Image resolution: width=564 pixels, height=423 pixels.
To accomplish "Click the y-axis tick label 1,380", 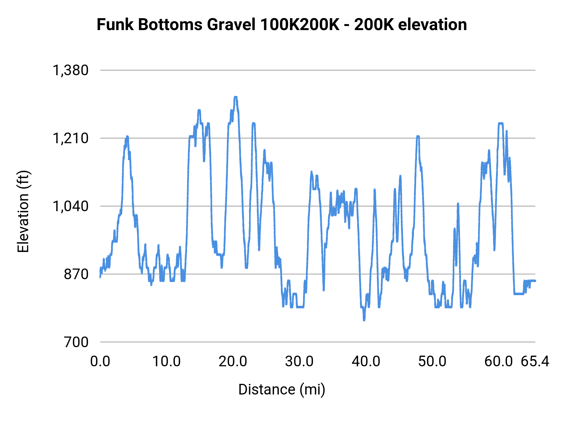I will point(71,70).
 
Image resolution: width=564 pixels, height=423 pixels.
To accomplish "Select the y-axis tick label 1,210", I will point(71,138).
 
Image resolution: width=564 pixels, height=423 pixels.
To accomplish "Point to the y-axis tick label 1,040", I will point(71,206).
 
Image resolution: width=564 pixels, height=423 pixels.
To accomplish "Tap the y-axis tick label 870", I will point(76,274).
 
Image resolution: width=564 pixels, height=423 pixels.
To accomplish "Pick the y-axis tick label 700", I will point(76,342).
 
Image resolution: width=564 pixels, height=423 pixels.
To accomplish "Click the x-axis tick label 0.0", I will point(100,362).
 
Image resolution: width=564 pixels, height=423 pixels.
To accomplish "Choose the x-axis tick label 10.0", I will point(166,362).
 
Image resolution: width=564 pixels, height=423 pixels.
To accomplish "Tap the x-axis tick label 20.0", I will point(233,362).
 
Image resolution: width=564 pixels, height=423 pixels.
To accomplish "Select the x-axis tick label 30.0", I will point(299,362).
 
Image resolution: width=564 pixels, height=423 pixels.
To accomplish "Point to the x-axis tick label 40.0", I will point(366,362).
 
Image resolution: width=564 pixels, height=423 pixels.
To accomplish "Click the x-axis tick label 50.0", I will point(432,362).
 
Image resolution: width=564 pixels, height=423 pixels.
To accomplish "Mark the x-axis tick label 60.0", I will point(499,362).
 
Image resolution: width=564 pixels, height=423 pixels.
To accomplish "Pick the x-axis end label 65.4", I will point(535,362).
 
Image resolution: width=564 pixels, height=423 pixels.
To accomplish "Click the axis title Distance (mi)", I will point(282,390).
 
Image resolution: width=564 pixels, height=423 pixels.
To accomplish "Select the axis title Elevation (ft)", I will point(23,211).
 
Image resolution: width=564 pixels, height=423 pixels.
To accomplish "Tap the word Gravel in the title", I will point(231,24).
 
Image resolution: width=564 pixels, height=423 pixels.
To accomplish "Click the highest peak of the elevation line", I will point(236,97).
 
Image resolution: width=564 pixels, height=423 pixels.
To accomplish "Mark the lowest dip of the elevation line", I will point(364,320).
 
